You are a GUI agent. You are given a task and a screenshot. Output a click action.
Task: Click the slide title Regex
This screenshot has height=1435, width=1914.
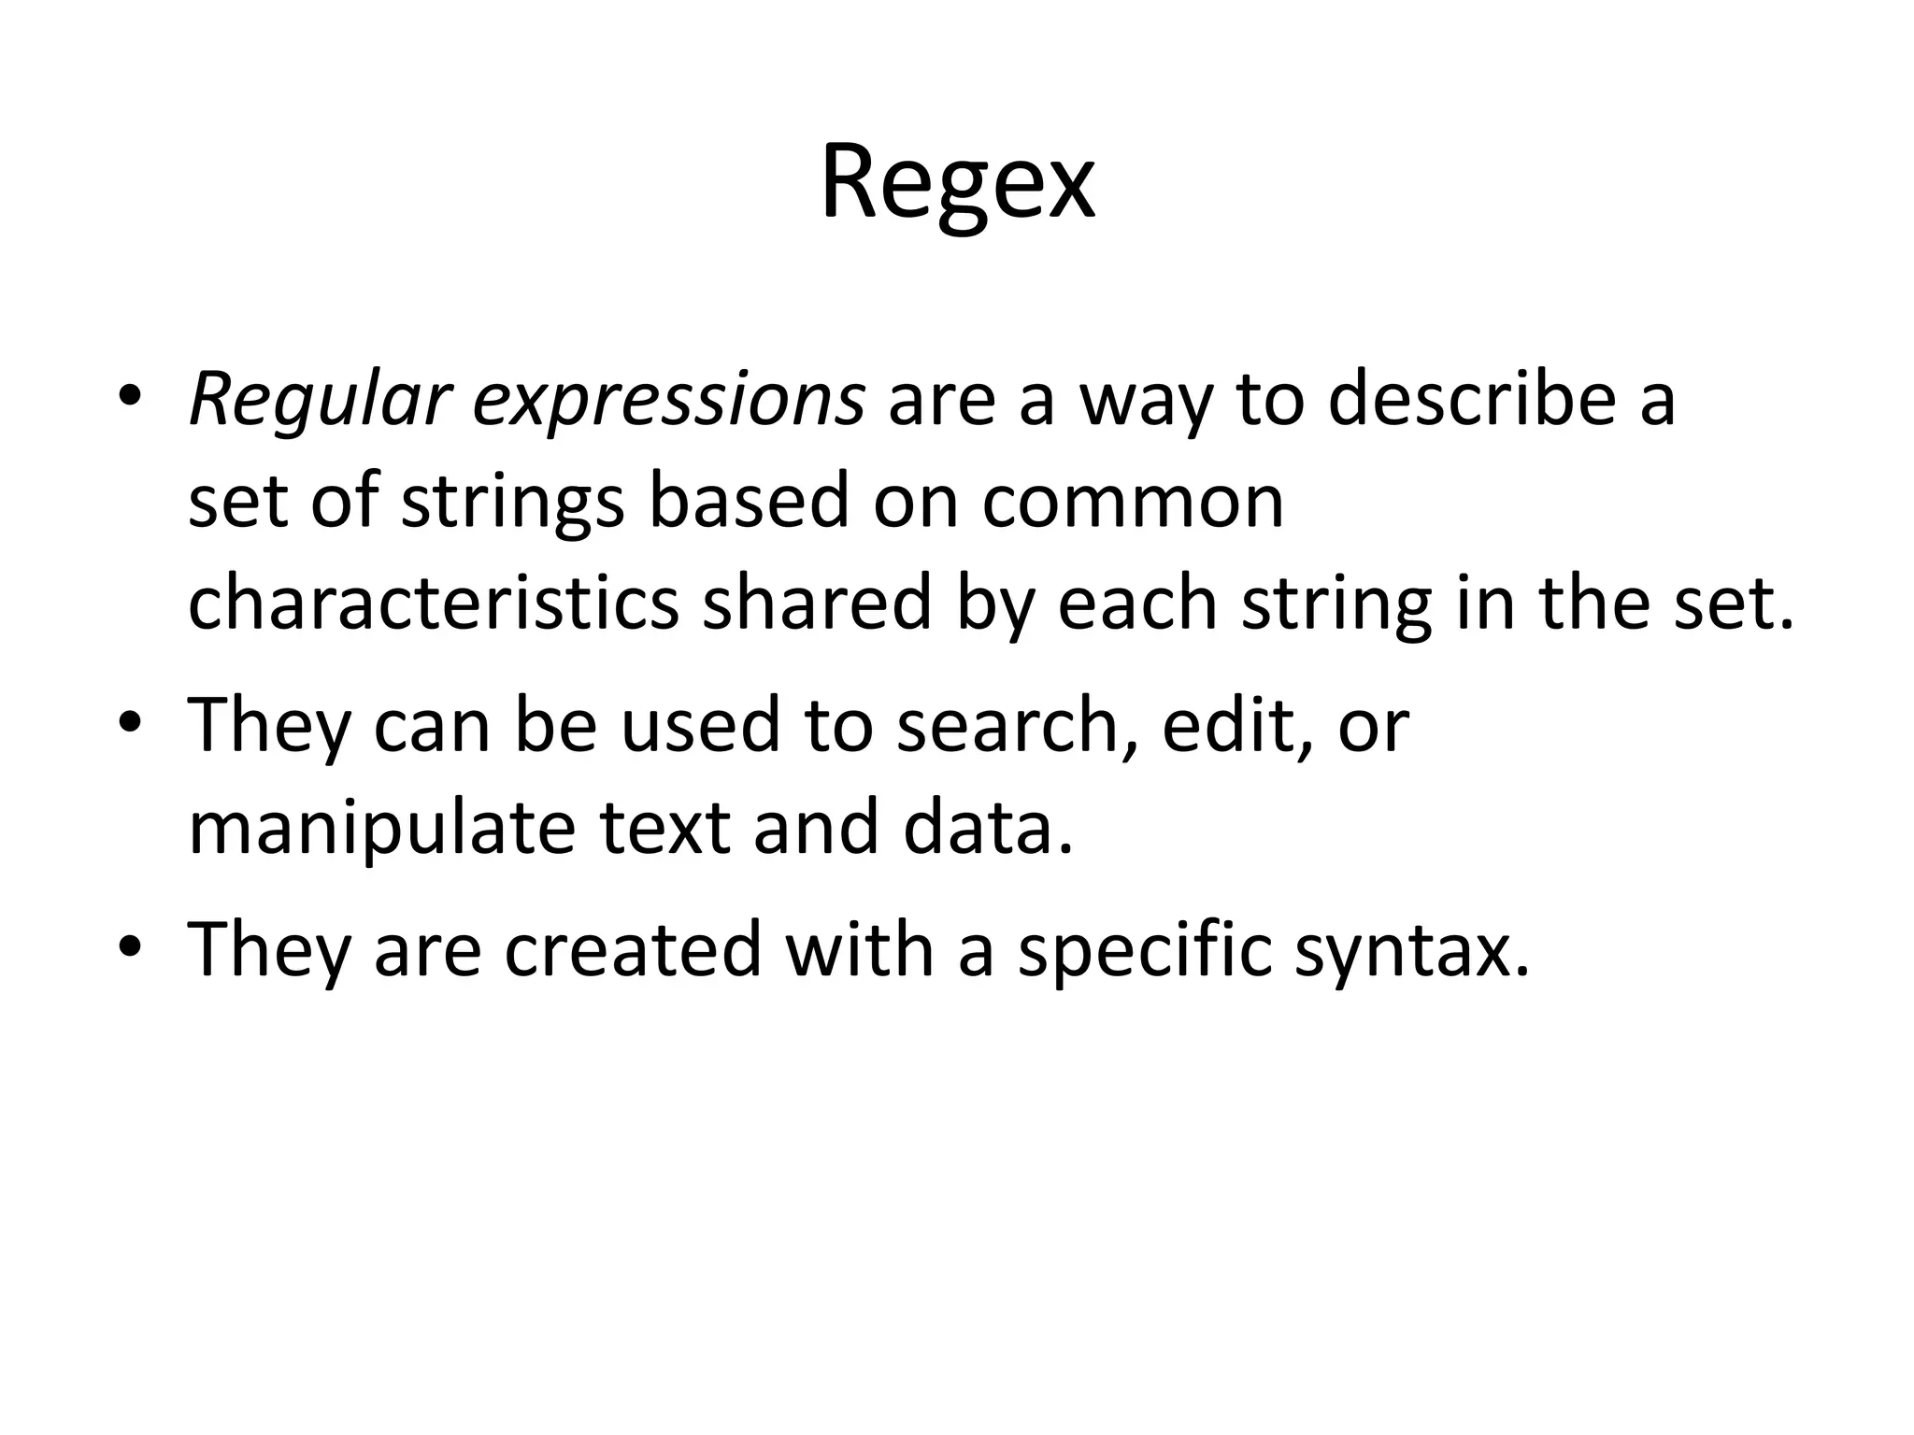point(957,183)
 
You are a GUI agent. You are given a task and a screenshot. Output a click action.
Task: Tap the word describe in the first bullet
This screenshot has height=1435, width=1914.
point(1472,400)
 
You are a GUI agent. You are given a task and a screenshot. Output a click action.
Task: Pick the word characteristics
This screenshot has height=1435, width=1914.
point(434,604)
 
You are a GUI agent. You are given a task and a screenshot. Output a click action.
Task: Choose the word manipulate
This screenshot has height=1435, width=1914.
point(381,830)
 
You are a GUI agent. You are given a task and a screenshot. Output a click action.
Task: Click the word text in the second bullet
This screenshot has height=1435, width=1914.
point(664,828)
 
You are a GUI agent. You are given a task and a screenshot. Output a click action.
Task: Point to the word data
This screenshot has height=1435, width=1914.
point(987,828)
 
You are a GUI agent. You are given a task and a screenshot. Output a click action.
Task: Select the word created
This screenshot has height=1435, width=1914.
point(634,949)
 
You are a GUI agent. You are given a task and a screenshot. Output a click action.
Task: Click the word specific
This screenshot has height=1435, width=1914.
point(1144,949)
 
